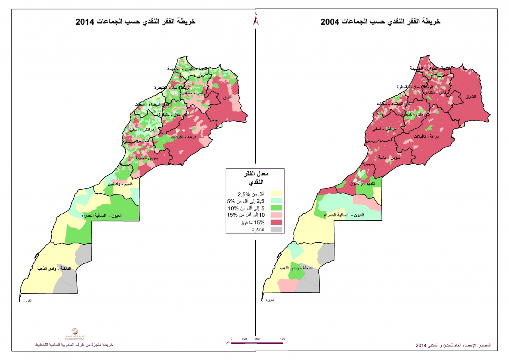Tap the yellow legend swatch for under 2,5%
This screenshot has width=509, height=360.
click(276, 193)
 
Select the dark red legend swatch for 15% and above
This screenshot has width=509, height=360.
click(276, 222)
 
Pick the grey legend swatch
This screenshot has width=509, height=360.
click(276, 230)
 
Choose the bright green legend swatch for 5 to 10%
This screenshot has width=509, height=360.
click(276, 208)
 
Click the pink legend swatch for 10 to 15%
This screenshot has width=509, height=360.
click(276, 215)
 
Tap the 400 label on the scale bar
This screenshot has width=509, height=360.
click(283, 339)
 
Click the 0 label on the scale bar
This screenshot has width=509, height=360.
click(231, 339)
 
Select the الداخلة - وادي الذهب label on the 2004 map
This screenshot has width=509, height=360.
click(298, 269)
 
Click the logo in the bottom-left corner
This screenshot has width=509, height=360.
click(74, 333)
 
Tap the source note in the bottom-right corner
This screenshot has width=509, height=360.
click(453, 345)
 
